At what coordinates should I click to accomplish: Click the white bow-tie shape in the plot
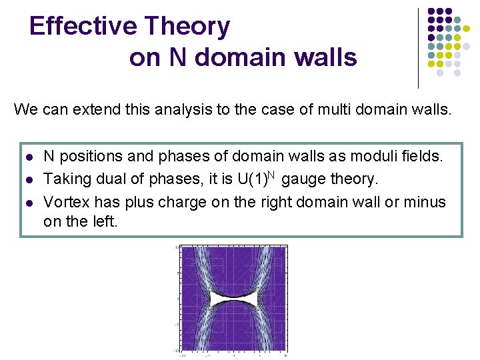pos(233,297)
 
